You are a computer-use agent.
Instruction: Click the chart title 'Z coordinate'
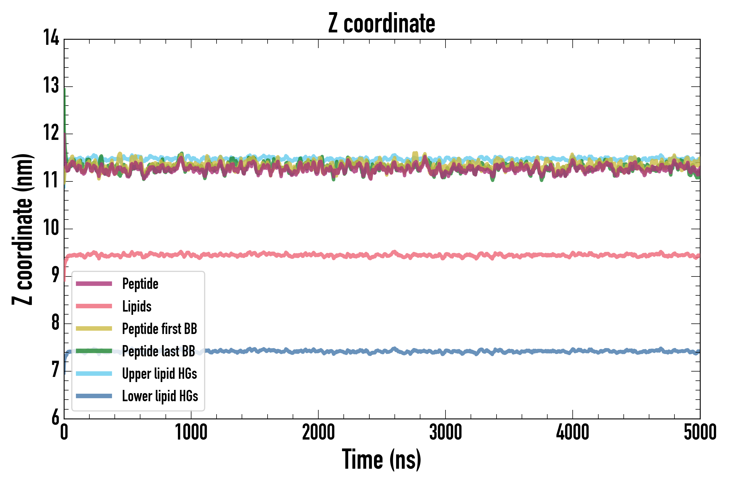(x=382, y=23)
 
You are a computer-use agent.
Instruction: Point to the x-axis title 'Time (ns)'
(x=382, y=459)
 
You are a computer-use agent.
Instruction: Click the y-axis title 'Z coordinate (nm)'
(x=22, y=229)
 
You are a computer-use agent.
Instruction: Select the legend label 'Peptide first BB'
(x=160, y=329)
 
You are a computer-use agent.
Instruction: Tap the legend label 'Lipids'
(x=137, y=306)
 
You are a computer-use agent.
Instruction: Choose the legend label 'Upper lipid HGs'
(x=160, y=374)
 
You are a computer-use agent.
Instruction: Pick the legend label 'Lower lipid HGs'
(x=160, y=396)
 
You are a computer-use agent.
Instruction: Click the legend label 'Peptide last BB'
(x=158, y=351)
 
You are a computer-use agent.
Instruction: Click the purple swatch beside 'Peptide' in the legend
(x=94, y=283)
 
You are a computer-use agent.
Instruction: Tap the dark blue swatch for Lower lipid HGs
(x=94, y=396)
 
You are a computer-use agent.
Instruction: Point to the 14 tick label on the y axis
(x=51, y=38)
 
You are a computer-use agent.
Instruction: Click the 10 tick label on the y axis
(x=51, y=228)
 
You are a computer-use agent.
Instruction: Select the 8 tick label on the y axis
(x=55, y=322)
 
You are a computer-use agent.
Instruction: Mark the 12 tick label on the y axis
(x=51, y=133)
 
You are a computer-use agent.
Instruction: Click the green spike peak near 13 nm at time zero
(x=65, y=90)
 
